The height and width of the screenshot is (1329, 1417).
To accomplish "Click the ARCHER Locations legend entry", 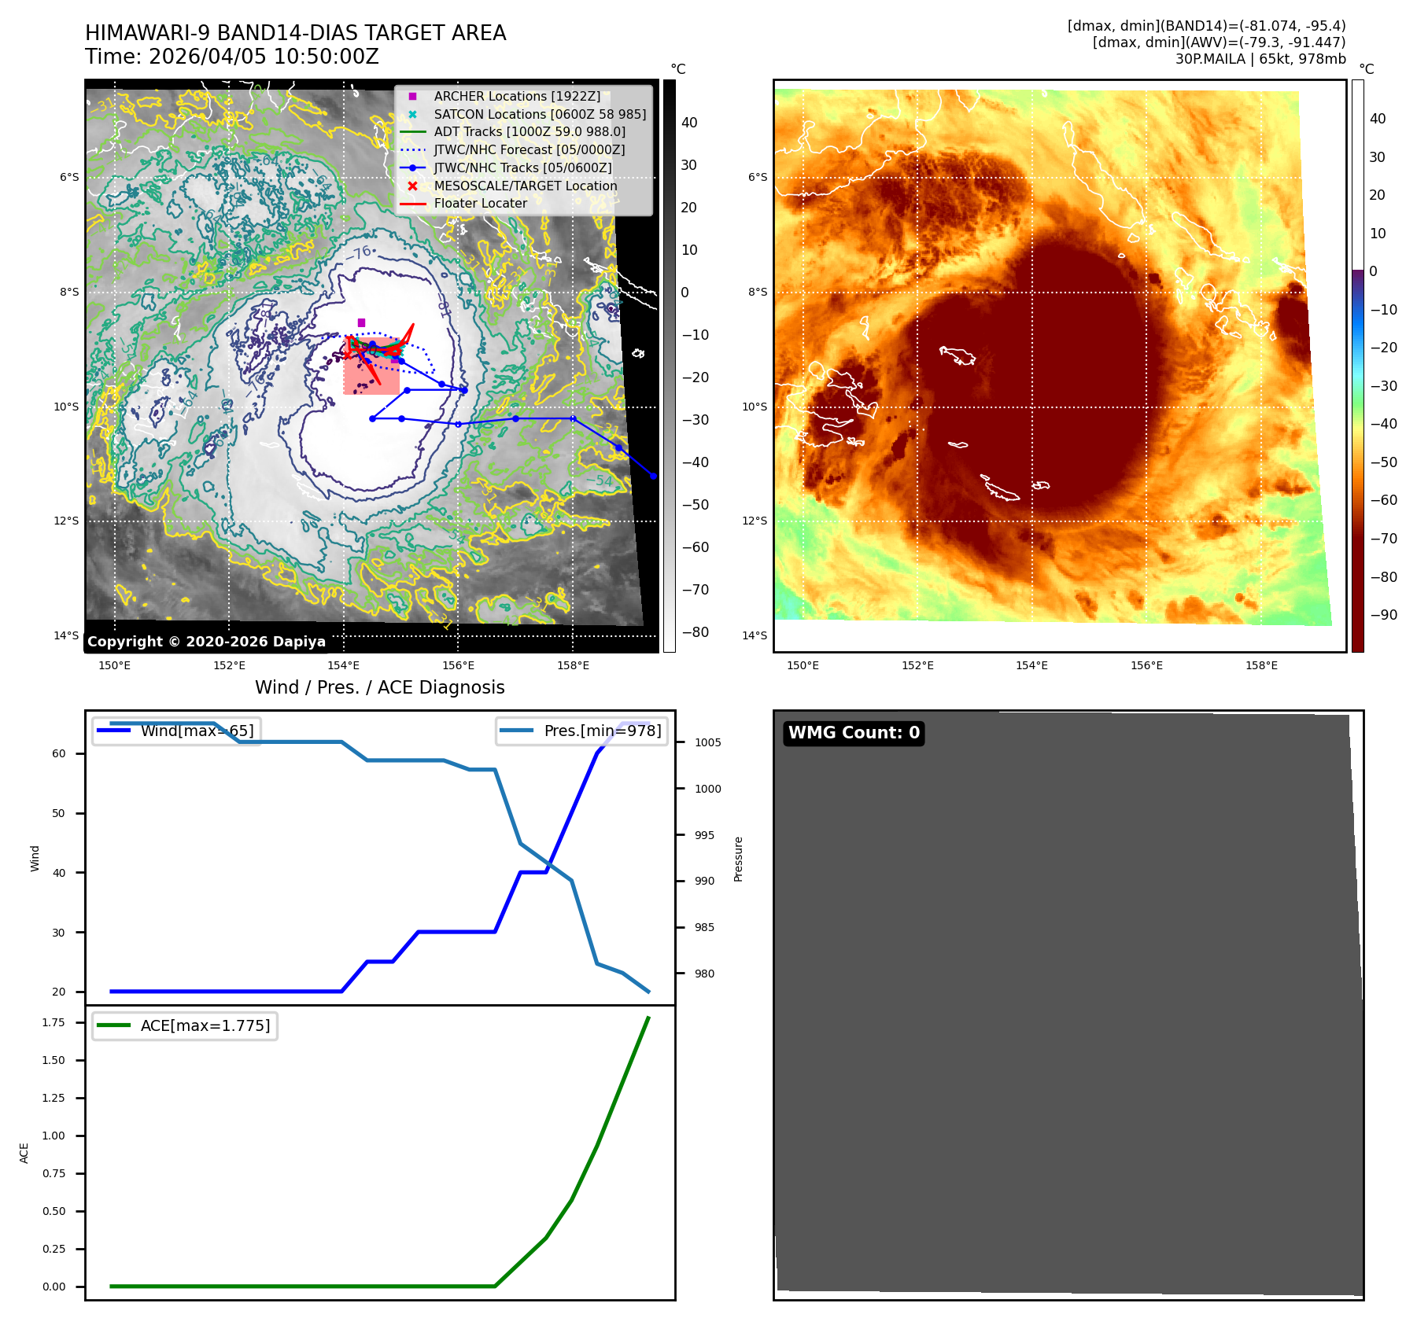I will pyautogui.click(x=516, y=96).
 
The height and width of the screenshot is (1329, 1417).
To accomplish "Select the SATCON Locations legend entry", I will pyautogui.click(x=539, y=114).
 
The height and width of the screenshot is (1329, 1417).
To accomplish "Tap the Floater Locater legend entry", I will pyautogui.click(x=480, y=203).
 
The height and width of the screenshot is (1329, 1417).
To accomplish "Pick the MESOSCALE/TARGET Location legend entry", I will pyautogui.click(x=525, y=186).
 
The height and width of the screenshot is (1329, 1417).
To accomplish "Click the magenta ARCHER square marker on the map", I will pyautogui.click(x=361, y=322).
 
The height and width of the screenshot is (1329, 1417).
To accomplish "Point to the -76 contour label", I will pyautogui.click(x=361, y=253).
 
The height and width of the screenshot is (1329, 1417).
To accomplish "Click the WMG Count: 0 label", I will pyautogui.click(x=854, y=733).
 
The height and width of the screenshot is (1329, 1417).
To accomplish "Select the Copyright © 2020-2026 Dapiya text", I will pyautogui.click(x=206, y=642).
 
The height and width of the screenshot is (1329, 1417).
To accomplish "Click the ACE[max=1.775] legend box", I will pyautogui.click(x=185, y=1025).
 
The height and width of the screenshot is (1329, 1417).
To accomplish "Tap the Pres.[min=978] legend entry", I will pyautogui.click(x=582, y=731).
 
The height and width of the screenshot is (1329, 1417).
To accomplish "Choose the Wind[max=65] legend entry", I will pyautogui.click(x=175, y=731).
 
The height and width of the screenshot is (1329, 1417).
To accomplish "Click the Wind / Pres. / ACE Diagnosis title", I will pyautogui.click(x=380, y=687).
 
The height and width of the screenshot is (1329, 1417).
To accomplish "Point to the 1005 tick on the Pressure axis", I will pyautogui.click(x=707, y=742).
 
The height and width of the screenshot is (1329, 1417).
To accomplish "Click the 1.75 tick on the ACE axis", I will pyautogui.click(x=54, y=1022).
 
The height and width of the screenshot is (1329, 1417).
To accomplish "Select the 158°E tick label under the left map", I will pyautogui.click(x=573, y=665).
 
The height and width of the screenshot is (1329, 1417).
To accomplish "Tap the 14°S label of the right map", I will pyautogui.click(x=755, y=635).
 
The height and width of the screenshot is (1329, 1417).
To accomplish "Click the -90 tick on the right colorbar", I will pyautogui.click(x=1383, y=615).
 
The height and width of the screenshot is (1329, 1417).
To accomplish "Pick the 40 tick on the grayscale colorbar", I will pyautogui.click(x=689, y=123).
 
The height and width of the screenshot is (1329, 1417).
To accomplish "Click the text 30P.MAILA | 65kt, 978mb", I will pyautogui.click(x=1260, y=59).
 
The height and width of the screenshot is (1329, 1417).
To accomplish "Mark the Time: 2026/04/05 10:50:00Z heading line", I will pyautogui.click(x=232, y=57).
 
